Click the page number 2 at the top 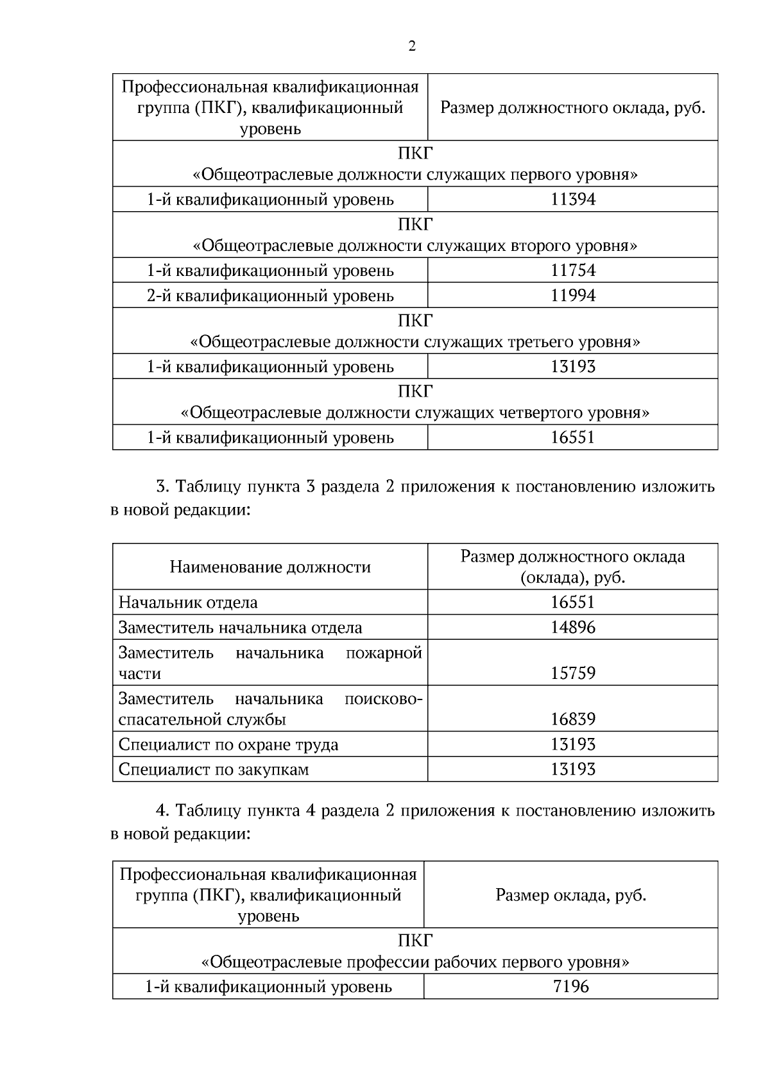click(411, 46)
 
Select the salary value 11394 click(573, 200)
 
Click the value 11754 click(573, 270)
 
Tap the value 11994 click(573, 296)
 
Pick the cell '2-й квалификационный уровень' click(270, 296)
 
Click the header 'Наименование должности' click(270, 567)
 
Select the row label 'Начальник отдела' click(188, 603)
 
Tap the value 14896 click(573, 628)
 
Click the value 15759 click(573, 673)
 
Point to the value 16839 click(573, 719)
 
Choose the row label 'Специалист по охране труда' click(228, 744)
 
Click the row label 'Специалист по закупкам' click(214, 769)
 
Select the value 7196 click(571, 986)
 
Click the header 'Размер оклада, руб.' click(570, 895)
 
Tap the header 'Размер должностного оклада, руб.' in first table click(572, 107)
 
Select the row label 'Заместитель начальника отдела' click(241, 628)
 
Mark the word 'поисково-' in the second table click(383, 698)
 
